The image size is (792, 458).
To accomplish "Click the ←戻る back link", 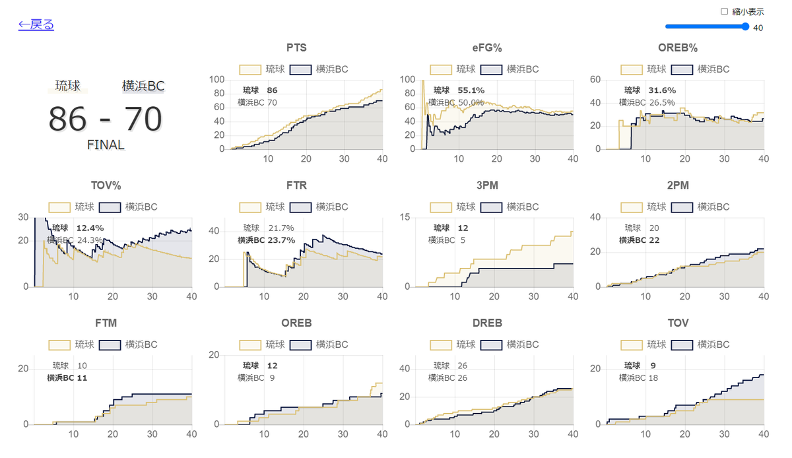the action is (x=36, y=24).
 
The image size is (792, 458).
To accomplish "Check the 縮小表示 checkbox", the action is (x=724, y=12).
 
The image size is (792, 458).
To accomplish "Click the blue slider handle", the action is (x=745, y=26).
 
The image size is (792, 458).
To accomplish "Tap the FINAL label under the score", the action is (x=106, y=145).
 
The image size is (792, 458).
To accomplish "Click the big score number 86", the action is (x=67, y=119).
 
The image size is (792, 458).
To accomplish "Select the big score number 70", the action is (x=143, y=119).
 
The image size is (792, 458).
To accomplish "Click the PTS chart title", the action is (x=296, y=48).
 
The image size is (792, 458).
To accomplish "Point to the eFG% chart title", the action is (x=487, y=48).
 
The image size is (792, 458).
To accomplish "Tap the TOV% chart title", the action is (x=106, y=185).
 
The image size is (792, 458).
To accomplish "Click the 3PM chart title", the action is (x=487, y=185).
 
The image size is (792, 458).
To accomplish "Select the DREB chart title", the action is (x=487, y=323).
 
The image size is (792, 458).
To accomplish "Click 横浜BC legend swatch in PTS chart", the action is (x=300, y=70).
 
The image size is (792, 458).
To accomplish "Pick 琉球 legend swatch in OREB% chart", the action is (x=632, y=70).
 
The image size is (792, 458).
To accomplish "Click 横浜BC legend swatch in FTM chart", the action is (x=110, y=345).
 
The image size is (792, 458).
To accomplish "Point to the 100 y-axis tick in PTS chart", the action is (x=216, y=79).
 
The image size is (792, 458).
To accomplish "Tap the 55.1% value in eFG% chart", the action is (x=471, y=90).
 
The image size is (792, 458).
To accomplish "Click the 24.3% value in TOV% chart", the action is (x=90, y=240).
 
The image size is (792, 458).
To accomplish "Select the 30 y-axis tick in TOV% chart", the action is (x=23, y=217).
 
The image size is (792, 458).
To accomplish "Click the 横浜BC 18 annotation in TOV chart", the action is (x=638, y=377).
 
